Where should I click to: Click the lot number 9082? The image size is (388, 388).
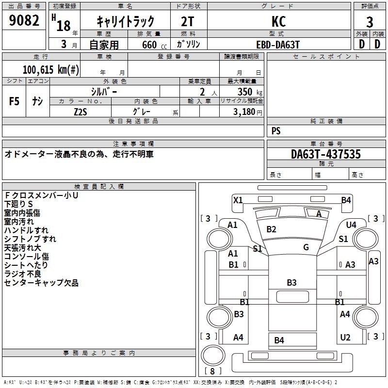24,21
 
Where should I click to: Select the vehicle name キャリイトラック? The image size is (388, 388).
126,21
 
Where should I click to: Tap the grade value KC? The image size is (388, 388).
279,21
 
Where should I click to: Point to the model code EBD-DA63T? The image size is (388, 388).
278,44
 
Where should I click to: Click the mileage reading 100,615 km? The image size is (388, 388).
51,69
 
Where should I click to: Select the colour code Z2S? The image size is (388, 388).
80,112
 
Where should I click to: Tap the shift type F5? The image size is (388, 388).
15,101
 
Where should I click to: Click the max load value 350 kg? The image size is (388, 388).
250,92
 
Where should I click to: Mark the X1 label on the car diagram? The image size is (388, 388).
238,200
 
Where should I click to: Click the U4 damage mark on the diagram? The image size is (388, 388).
351,225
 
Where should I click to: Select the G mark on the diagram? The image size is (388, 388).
306,247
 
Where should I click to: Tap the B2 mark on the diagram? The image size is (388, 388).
271,229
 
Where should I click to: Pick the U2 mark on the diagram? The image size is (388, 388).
345,338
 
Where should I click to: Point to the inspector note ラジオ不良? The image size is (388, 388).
23,274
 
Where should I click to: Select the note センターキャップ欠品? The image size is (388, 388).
41,283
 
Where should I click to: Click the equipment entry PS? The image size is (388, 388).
276,131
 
